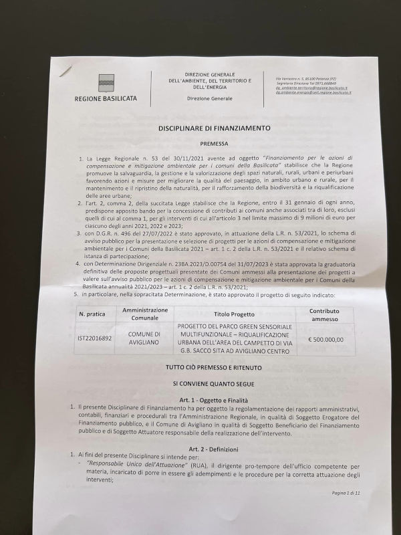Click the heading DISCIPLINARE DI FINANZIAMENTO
(214, 127)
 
